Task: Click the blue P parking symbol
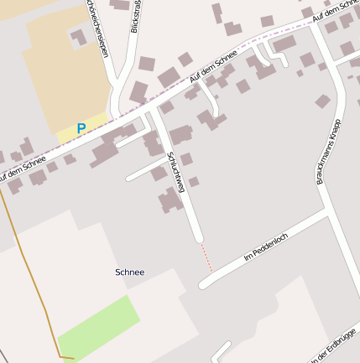(x=81, y=128)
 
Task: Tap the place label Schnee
(x=129, y=272)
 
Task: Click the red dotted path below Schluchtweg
(x=206, y=258)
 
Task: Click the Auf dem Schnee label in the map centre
(x=214, y=65)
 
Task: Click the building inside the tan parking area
(x=78, y=37)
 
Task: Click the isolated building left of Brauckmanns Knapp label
(x=322, y=101)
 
